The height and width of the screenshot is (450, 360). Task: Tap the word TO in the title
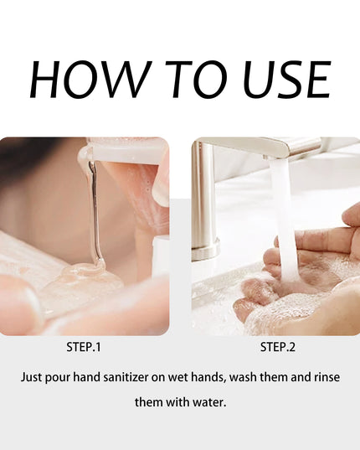tap(196, 80)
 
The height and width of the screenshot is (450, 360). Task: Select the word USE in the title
tap(286, 80)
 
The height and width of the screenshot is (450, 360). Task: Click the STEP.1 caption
tap(84, 347)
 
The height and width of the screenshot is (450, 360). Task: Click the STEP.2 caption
tap(277, 347)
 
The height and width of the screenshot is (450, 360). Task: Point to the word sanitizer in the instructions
tap(126, 377)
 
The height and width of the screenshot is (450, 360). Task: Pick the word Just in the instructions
tap(31, 377)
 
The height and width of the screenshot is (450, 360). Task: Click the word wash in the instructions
tap(243, 377)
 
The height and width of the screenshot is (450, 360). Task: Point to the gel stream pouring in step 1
tap(95, 212)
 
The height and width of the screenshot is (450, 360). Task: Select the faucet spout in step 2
tap(258, 147)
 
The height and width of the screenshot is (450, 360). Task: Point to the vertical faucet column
tap(203, 201)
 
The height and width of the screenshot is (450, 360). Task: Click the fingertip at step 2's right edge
tap(352, 215)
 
